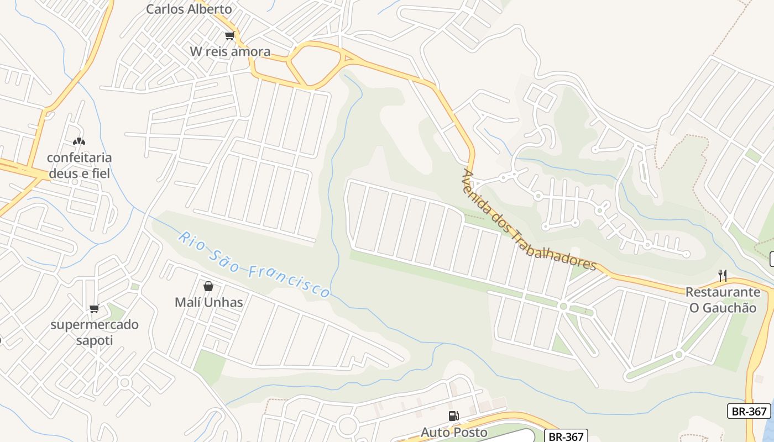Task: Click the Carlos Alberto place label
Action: (x=189, y=9)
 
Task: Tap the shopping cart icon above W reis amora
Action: (x=229, y=36)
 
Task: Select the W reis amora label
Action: (x=230, y=52)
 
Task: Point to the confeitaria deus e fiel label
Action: (x=79, y=166)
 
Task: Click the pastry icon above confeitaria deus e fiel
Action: (x=79, y=142)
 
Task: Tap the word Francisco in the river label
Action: (x=289, y=281)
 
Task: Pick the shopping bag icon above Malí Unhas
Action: (x=208, y=286)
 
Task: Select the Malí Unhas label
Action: (x=208, y=302)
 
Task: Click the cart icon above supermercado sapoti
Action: (x=94, y=308)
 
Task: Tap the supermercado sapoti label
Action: (x=94, y=332)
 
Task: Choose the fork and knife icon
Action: (x=722, y=275)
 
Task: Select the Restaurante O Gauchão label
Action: (x=723, y=300)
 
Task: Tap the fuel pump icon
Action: (x=453, y=416)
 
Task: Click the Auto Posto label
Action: (x=454, y=432)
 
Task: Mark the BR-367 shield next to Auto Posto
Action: (x=566, y=436)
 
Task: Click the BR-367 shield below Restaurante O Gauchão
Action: (x=749, y=411)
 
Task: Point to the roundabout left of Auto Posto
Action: (x=347, y=426)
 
